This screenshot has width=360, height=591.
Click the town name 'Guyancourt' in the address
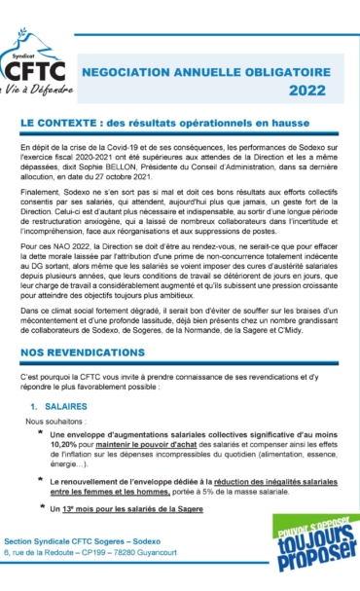[x=194, y=580]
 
